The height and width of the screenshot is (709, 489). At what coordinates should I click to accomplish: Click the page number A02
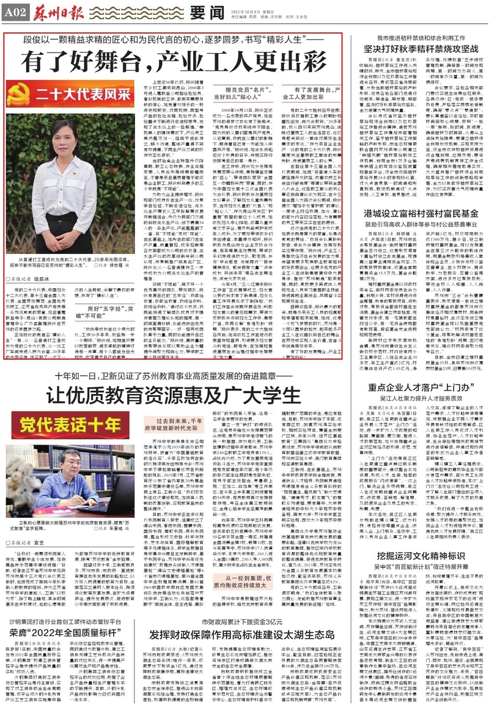coord(15,11)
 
